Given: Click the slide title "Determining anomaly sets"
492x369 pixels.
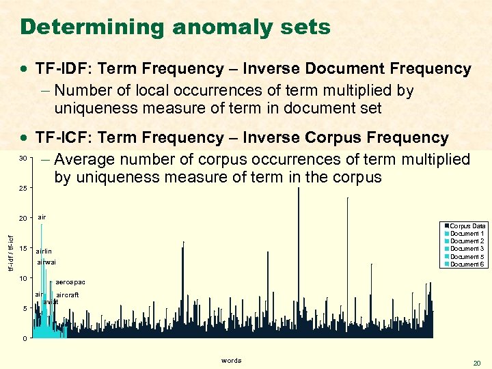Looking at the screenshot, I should (x=175, y=27).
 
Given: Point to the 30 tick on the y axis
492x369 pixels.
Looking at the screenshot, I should (x=23, y=158).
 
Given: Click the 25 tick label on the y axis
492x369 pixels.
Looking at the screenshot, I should (x=23, y=188).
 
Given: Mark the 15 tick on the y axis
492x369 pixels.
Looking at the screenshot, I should (x=23, y=248).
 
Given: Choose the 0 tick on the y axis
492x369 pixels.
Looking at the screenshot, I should (x=25, y=339).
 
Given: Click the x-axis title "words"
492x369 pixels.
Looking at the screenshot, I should (x=231, y=360).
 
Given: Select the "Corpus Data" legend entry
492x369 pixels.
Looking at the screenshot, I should (x=467, y=226).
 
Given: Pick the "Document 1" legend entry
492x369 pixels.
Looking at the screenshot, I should (x=467, y=234).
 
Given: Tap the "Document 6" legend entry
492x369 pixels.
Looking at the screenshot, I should (x=467, y=264).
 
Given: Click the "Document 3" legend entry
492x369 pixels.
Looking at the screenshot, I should (x=467, y=249).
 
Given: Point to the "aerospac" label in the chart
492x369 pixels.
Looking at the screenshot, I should (x=70, y=282).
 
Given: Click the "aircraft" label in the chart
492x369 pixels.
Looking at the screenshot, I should (x=67, y=295).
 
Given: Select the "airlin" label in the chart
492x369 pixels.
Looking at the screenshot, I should (x=44, y=251).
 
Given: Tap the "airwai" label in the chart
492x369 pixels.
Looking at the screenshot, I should (x=46, y=262).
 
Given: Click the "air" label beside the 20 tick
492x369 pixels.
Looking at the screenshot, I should (x=42, y=217).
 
